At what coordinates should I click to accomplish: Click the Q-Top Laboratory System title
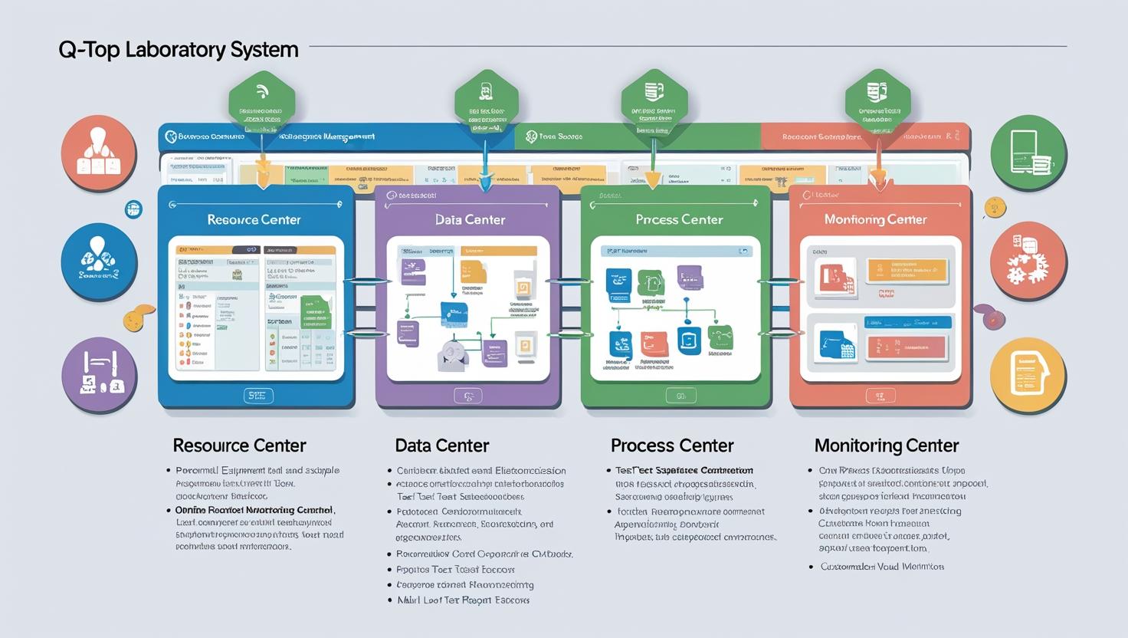pos(179,50)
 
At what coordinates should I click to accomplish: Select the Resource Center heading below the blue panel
pos(239,446)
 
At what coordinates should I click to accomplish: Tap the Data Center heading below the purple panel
pos(442,446)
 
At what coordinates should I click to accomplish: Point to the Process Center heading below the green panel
pos(672,446)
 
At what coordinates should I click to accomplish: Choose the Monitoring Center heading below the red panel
pos(886,446)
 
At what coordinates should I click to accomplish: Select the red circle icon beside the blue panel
pos(99,153)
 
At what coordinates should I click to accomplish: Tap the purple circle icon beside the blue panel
pos(99,375)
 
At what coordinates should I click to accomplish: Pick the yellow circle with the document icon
pos(1028,374)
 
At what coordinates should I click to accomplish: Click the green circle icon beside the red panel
pos(1028,153)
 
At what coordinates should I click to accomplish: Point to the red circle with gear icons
pos(1028,261)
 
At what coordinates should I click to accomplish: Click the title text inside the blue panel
pos(254,219)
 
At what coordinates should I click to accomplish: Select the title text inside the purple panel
pos(470,219)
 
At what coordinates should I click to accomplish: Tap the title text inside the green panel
pos(679,219)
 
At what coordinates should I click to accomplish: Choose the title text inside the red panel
pos(875,219)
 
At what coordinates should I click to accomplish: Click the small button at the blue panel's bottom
pos(257,396)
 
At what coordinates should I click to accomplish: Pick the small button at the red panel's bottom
pos(880,396)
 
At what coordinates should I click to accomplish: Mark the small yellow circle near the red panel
pos(994,206)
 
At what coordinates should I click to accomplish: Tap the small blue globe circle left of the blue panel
pos(133,209)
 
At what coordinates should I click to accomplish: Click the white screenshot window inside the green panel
pos(676,308)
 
